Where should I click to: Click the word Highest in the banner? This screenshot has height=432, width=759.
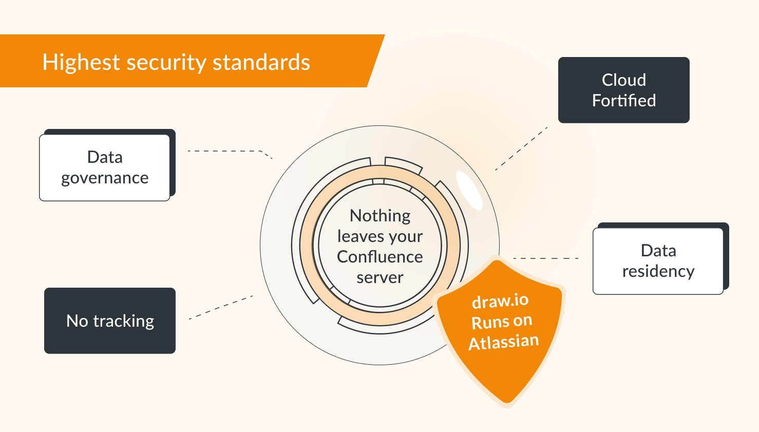point(81,63)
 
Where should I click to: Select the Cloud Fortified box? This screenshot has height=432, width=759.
point(623,90)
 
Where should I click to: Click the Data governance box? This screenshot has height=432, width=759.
point(105,167)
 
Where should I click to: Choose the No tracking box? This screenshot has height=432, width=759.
point(110,321)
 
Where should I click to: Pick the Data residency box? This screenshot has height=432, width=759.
point(658,261)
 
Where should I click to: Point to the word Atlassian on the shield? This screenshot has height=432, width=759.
point(504,342)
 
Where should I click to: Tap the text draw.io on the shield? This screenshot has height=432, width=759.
point(500,301)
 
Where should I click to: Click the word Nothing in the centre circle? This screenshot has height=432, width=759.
point(380,216)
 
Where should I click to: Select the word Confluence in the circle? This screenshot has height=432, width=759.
point(380,257)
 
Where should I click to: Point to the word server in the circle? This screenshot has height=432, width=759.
point(380,277)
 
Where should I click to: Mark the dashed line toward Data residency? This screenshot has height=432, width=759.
point(545,258)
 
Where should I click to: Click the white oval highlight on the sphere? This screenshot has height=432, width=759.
point(469,190)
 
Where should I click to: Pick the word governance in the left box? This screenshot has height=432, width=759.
point(105,178)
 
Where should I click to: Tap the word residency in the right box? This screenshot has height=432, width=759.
point(658,271)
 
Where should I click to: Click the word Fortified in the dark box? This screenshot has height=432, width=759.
point(624,101)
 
